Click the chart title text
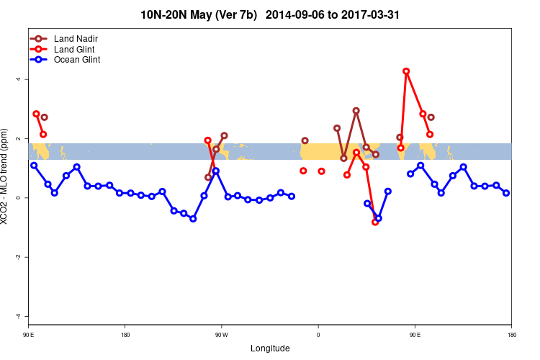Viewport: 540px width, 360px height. pyautogui.click(x=270, y=14)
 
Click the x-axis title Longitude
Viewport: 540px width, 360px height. pyautogui.click(x=270, y=348)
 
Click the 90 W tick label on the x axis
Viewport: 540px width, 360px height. pyautogui.click(x=221, y=335)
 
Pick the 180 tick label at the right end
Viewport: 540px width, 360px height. pyautogui.click(x=511, y=335)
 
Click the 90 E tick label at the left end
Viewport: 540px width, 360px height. pyautogui.click(x=29, y=335)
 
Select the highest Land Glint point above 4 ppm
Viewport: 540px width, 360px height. pyautogui.click(x=406, y=71)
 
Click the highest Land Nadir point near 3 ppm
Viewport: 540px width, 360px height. pyautogui.click(x=356, y=111)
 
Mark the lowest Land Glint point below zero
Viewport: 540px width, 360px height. pyautogui.click(x=375, y=222)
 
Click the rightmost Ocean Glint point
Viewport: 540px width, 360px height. pyautogui.click(x=506, y=193)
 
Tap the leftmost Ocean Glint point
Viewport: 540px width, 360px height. pyautogui.click(x=34, y=166)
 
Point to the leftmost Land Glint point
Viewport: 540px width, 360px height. pyautogui.click(x=36, y=114)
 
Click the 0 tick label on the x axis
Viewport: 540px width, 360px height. pyautogui.click(x=318, y=335)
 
